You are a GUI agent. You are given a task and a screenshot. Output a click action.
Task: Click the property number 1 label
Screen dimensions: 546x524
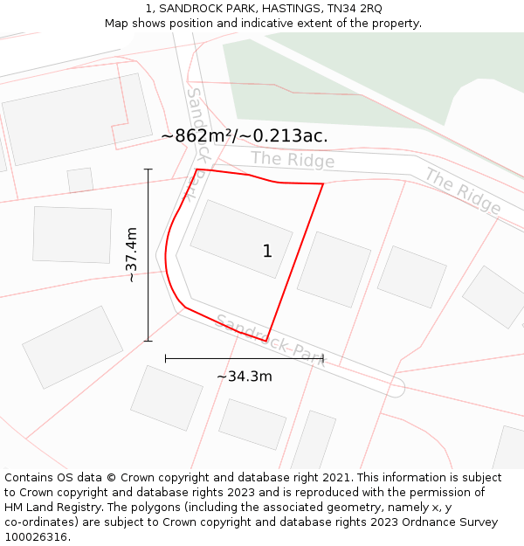[x=267, y=251]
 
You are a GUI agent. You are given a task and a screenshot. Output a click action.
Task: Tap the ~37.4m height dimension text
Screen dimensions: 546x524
[x=131, y=254]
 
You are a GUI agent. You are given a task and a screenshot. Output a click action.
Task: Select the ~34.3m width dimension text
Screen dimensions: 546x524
[x=245, y=377]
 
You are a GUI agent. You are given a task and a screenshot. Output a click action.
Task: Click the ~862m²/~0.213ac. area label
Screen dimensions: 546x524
[x=245, y=135]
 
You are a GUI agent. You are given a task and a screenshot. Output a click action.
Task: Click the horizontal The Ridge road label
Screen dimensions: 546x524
[x=293, y=160]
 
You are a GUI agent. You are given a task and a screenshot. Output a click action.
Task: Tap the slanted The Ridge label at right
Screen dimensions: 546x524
[x=463, y=191]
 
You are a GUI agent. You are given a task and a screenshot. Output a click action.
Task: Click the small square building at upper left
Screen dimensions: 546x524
[x=80, y=180]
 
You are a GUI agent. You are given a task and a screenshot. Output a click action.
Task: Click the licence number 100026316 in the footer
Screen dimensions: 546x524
[x=37, y=536]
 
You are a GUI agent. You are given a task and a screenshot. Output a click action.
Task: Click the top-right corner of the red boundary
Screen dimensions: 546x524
[x=323, y=183]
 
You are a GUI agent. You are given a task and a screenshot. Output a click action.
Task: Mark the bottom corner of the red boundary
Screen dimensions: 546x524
[x=266, y=342]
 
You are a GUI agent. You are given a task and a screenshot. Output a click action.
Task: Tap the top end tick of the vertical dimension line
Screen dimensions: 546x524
[x=148, y=169]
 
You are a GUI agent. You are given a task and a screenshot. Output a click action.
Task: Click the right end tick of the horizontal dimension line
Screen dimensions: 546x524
[x=323, y=358]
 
